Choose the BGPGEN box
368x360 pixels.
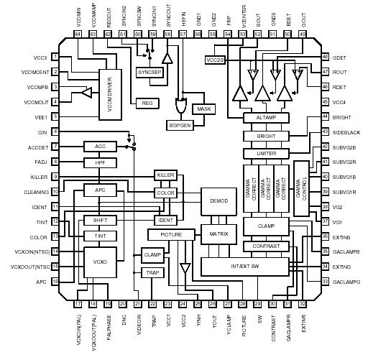pyautogui.click(x=179, y=125)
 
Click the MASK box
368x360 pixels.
pyautogui.click(x=204, y=109)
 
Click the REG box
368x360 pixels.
pyautogui.click(x=147, y=103)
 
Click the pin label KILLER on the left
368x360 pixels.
pyautogui.click(x=40, y=177)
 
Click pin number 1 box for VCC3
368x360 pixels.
pyautogui.click(x=55, y=57)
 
